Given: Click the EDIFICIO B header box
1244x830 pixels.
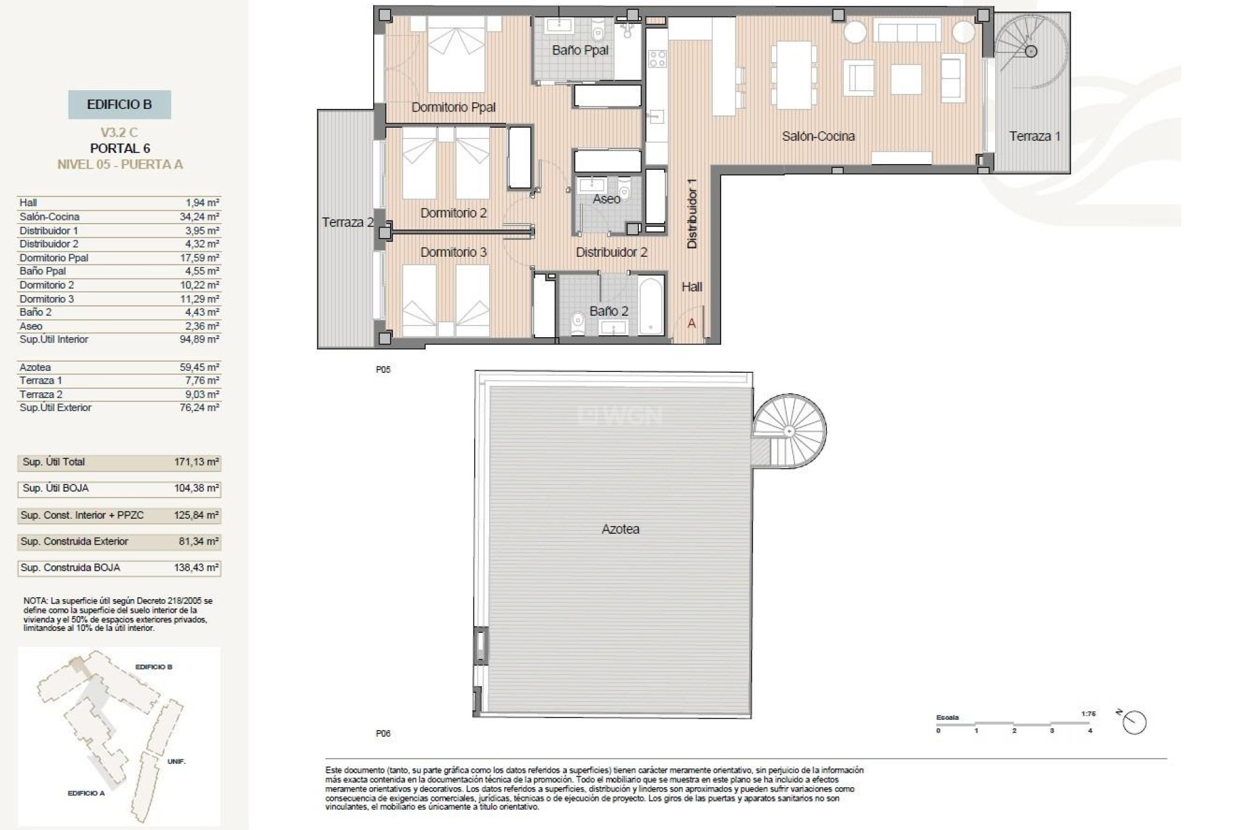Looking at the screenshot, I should pos(119,104).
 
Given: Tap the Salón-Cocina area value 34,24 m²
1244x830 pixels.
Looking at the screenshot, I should pos(200,217).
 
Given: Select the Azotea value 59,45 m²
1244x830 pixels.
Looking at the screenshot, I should pos(200,367).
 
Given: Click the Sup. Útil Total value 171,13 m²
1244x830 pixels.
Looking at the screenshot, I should pos(196,462).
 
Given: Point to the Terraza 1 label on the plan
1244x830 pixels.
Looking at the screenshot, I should pos(1035,136).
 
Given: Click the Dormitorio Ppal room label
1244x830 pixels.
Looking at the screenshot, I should pos(454,107).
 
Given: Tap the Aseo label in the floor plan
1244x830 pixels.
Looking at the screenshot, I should pos(606,199).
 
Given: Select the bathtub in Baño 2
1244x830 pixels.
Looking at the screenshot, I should pos(651,305).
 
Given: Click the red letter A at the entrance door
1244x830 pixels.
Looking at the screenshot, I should pos(691,323).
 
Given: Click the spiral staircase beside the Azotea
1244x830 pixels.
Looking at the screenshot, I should pos(789,431).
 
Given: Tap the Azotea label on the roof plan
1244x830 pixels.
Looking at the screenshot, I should pos(620,529).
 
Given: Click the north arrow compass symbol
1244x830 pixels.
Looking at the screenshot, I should pos(1134,722).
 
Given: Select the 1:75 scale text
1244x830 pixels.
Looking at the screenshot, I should pos(1088,714).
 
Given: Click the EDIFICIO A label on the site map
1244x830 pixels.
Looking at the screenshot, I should pos(86,793).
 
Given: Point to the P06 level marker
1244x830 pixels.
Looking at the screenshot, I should pos(383,733).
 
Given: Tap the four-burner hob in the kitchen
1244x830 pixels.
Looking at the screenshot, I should pos(657,59).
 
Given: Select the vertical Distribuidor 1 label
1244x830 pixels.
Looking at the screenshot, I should pos(692,213).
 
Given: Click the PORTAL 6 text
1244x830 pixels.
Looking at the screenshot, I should pos(120,148).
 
